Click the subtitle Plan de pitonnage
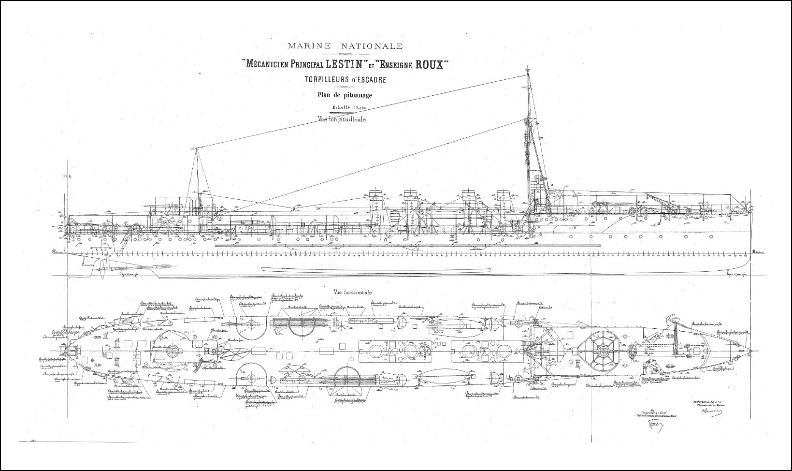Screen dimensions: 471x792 click(345, 95)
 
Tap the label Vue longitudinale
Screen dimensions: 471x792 click(341, 119)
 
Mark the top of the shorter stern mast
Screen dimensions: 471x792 click(196, 149)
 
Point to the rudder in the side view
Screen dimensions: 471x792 click(86, 261)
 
